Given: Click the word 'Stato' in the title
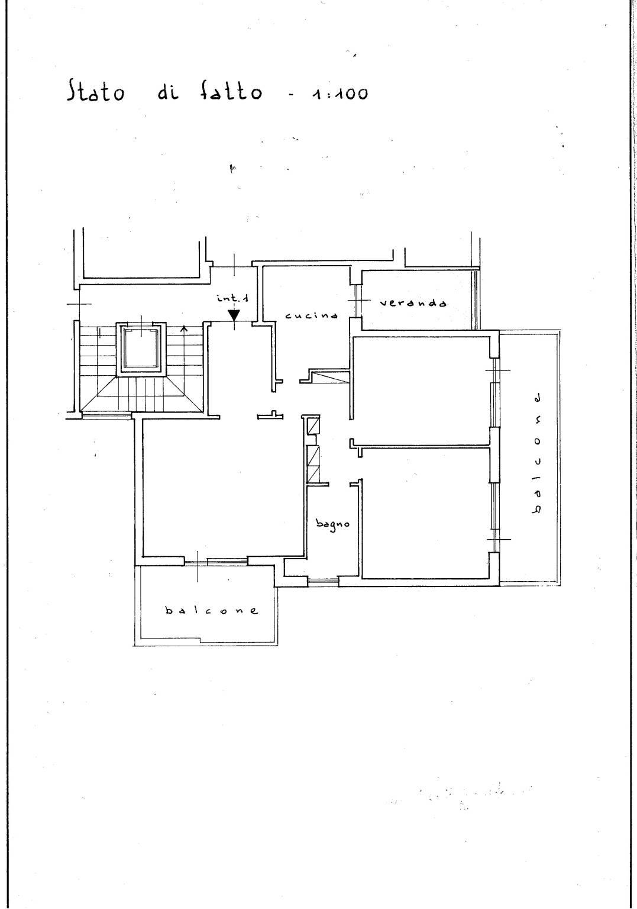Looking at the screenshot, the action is tap(96, 91).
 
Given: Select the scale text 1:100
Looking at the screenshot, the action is tap(339, 94).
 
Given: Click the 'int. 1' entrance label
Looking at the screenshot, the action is tap(233, 298).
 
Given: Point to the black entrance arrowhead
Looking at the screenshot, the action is tap(234, 315).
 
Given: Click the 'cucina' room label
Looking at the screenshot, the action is tap(312, 315).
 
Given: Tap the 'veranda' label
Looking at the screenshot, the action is tap(413, 303).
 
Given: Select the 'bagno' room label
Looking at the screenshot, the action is tap(332, 524).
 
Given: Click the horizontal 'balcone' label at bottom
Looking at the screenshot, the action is tap(211, 610).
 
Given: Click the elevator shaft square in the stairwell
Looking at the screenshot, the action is tap(141, 349).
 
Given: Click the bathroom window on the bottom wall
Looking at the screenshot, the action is tap(323, 582).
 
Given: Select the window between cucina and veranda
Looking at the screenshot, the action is tap(358, 300).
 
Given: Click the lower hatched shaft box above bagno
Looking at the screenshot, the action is tap(313, 465).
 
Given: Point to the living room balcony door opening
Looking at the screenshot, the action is tap(216, 562).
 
